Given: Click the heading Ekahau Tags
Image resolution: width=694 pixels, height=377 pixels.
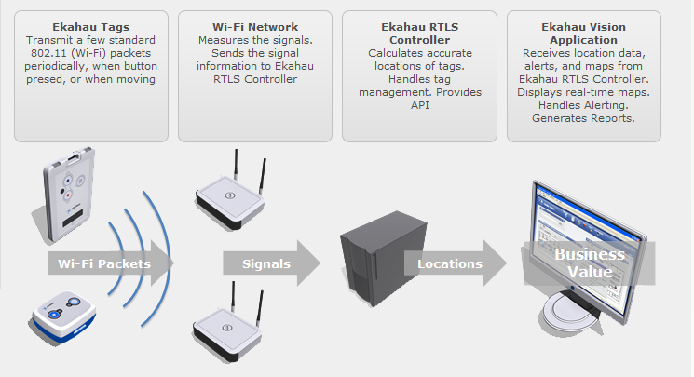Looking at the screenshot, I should pyautogui.click(x=90, y=28).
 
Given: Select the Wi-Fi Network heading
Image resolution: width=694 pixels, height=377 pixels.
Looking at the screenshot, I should pyautogui.click(x=254, y=28).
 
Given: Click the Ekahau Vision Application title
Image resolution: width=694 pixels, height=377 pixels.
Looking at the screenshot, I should pyautogui.click(x=582, y=34).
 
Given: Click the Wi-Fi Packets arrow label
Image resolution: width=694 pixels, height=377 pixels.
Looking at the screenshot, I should pyautogui.click(x=104, y=263).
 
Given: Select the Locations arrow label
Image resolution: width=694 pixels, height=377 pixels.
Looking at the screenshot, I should pyautogui.click(x=449, y=263).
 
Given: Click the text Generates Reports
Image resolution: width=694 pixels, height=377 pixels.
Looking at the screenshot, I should pyautogui.click(x=583, y=118).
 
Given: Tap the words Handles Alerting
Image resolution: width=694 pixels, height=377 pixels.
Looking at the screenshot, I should pyautogui.click(x=583, y=106).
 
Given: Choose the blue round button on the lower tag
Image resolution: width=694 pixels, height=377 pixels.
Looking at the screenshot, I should pyautogui.click(x=54, y=314).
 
